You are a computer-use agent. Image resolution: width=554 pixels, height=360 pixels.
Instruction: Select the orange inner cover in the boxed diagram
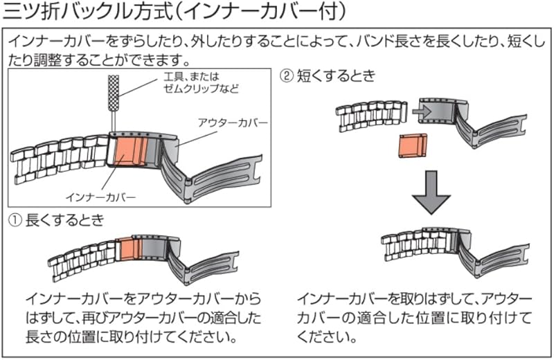[125, 151]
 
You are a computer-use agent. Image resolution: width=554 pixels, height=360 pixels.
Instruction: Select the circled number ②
[285, 75]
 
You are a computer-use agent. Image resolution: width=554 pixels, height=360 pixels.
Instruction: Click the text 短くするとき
[335, 75]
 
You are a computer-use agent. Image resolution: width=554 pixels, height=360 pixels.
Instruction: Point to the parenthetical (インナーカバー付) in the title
[266, 12]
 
